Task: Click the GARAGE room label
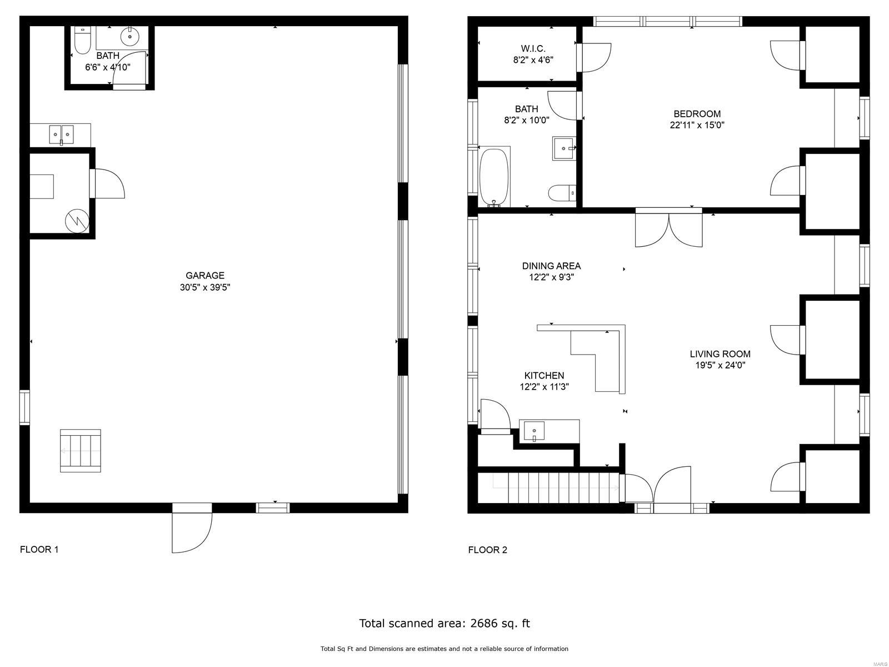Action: pos(205,275)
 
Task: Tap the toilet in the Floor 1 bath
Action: pos(82,40)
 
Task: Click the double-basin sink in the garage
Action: pos(62,135)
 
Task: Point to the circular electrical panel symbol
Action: pos(77,221)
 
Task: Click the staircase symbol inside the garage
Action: pos(80,451)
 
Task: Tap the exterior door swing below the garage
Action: pos(192,532)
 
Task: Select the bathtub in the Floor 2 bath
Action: pos(494,177)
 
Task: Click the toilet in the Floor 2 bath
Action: pos(562,193)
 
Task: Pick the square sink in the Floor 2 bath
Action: pos(564,148)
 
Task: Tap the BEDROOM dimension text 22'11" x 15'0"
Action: pos(697,125)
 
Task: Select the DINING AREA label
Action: pos(551,266)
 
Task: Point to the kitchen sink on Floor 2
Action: pos(534,431)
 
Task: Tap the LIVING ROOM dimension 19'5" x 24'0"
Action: pos(720,365)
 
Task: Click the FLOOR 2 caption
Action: pos(488,550)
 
